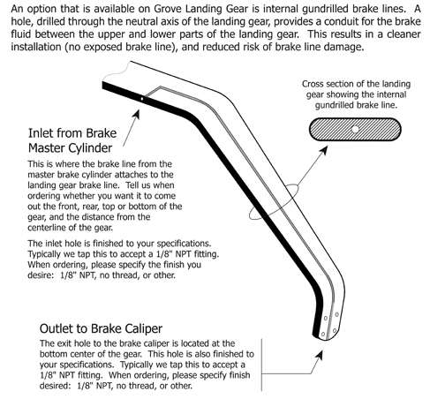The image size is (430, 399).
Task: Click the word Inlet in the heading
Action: (x=41, y=133)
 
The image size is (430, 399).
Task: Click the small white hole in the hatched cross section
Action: (x=355, y=129)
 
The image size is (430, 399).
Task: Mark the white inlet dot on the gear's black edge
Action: (x=142, y=99)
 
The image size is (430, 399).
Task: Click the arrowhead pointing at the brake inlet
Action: (x=137, y=114)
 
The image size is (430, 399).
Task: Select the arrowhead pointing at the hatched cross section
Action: (x=324, y=150)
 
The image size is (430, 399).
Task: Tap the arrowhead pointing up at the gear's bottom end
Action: (x=319, y=355)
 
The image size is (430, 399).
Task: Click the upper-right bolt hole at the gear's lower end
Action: (x=336, y=314)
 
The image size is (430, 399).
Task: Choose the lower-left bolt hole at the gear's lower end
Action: (x=323, y=334)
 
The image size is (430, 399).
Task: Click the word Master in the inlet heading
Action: (x=45, y=147)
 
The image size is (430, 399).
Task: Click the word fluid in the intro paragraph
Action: (x=21, y=34)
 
